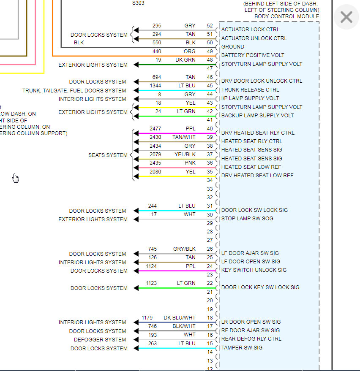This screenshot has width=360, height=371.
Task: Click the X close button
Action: pyautogui.click(x=346, y=17)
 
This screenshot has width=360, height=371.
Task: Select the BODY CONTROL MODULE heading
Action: pyautogui.click(x=286, y=16)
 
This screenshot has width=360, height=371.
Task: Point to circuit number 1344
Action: pyautogui.click(x=155, y=86)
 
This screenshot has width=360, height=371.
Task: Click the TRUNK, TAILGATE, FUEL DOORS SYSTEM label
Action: pyautogui.click(x=74, y=90)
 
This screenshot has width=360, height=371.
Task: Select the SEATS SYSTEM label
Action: pyautogui.click(x=108, y=155)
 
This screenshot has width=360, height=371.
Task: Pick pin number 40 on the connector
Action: pyautogui.click(x=210, y=129)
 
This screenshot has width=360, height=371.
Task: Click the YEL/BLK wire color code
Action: pyautogui.click(x=185, y=154)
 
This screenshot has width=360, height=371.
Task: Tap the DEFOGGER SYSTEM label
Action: pyautogui.click(x=100, y=339)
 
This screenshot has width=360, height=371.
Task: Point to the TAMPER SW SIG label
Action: pyautogui.click(x=242, y=348)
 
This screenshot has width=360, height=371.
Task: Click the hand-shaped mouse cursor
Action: pyautogui.click(x=16, y=179)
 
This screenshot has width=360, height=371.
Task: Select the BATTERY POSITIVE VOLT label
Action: pyautogui.click(x=253, y=55)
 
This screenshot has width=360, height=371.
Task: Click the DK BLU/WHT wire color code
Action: pyautogui.click(x=180, y=318)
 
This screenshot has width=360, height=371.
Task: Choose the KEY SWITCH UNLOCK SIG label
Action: pyautogui.click(x=254, y=270)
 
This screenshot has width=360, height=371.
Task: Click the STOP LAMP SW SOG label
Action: pyautogui.click(x=247, y=219)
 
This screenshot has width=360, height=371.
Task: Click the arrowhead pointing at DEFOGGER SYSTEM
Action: pyautogui.click(x=136, y=340)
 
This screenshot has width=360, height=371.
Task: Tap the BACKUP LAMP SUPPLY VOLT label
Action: pyautogui.click(x=257, y=116)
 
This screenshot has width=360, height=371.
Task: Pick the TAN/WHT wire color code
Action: pyautogui.click(x=184, y=137)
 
